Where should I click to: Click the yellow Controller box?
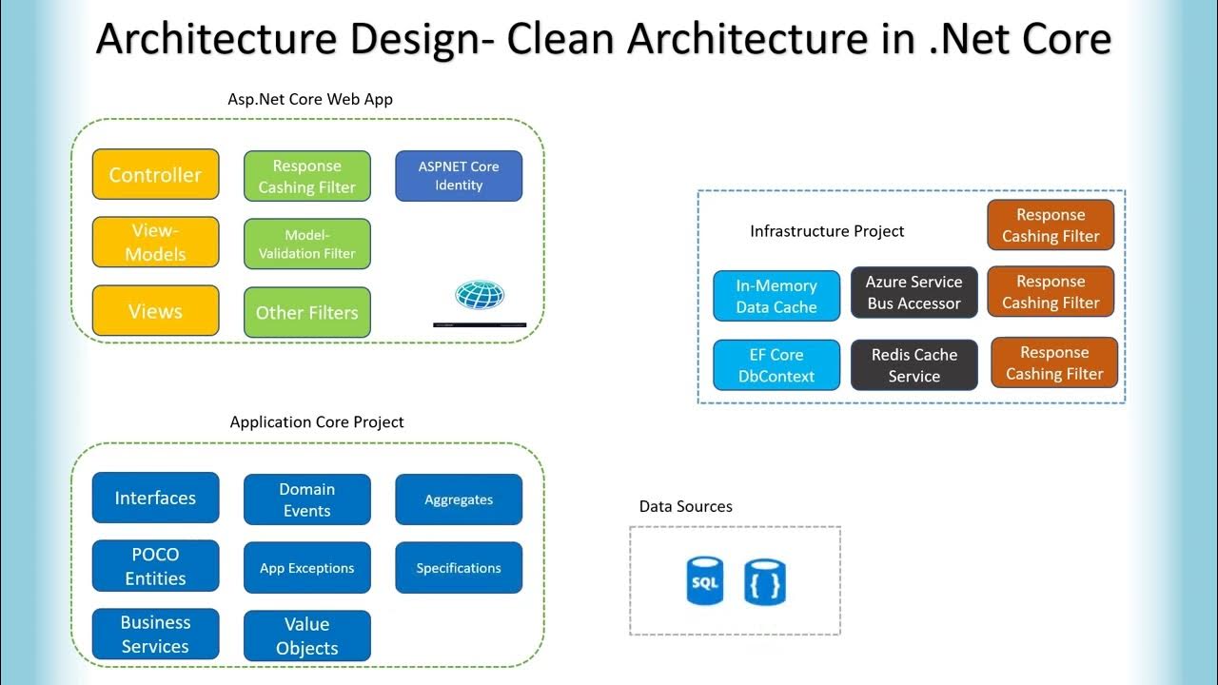[155, 175]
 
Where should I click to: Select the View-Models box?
[155, 243]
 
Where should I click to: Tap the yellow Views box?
[155, 311]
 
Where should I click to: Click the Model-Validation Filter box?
[306, 245]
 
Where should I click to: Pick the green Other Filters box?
[306, 312]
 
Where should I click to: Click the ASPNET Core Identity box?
[459, 176]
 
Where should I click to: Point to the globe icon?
[480, 295]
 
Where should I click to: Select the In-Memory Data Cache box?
[776, 296]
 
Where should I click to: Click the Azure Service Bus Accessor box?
[913, 293]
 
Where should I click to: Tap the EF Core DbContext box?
[776, 365]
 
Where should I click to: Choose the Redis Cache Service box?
[913, 365]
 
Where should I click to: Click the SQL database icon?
[705, 582]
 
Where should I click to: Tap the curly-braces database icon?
[765, 582]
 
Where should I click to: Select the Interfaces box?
[155, 498]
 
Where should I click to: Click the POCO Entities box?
[155, 566]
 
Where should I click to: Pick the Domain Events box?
[306, 499]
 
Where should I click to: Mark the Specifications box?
[459, 568]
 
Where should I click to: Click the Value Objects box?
[306, 636]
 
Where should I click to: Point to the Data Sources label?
[685, 506]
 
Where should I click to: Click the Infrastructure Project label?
[827, 231]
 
